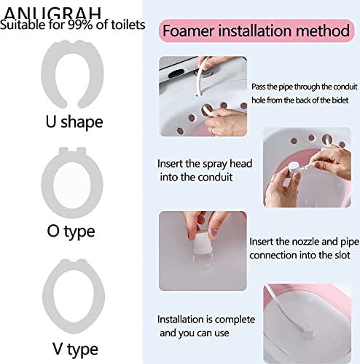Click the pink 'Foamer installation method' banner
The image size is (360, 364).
click(x=256, y=32)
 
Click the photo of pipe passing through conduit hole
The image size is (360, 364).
click(x=203, y=96)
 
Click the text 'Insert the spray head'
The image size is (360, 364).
click(x=205, y=164)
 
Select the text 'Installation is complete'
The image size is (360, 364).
click(x=206, y=320)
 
